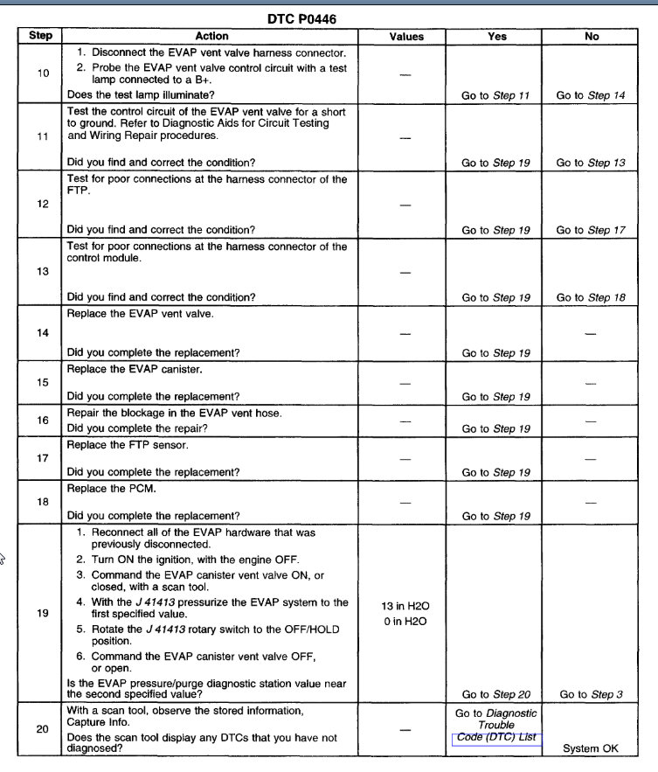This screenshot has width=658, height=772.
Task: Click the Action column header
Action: click(211, 36)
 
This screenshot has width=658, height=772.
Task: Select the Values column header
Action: click(406, 37)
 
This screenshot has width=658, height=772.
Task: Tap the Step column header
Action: click(40, 36)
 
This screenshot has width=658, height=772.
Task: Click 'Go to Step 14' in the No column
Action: click(591, 95)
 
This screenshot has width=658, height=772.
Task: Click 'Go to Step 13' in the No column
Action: click(591, 163)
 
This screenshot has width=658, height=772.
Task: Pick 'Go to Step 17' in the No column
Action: click(591, 230)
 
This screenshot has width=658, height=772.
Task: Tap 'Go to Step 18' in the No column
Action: click(591, 297)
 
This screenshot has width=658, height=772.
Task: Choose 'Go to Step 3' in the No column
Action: click(591, 694)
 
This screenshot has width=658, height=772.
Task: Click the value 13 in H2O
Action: click(405, 606)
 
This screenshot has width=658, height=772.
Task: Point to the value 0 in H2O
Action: click(405, 622)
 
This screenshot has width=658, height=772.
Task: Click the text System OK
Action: click(591, 748)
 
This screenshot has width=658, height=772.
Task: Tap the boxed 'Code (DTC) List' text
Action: click(496, 738)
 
